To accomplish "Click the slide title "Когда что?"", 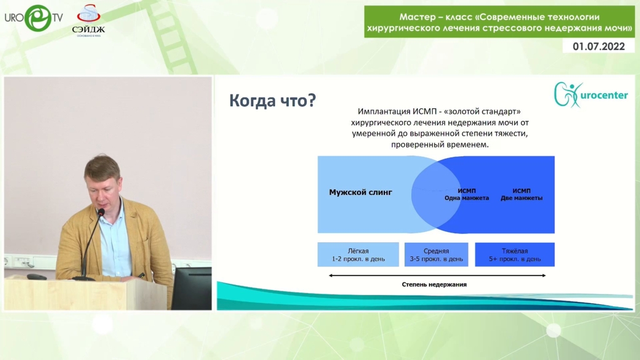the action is [x=272, y=101].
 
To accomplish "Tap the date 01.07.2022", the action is [x=598, y=46].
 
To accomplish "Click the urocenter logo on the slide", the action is [x=591, y=95].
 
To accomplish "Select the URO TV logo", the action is [x=34, y=18].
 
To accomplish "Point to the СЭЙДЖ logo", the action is [x=88, y=21].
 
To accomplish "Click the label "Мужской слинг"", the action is [x=361, y=192].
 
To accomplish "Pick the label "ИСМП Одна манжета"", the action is [x=466, y=194].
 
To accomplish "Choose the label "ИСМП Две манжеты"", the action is [x=522, y=194].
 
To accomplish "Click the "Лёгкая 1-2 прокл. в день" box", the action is [x=358, y=255].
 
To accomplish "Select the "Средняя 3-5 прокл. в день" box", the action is [x=436, y=255].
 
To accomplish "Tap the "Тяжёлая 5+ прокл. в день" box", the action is [x=515, y=255].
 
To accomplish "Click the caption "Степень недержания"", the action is [x=434, y=284].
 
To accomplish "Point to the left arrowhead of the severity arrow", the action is [x=330, y=276].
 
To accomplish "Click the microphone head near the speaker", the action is [x=101, y=212].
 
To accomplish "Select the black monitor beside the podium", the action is [x=191, y=288].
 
